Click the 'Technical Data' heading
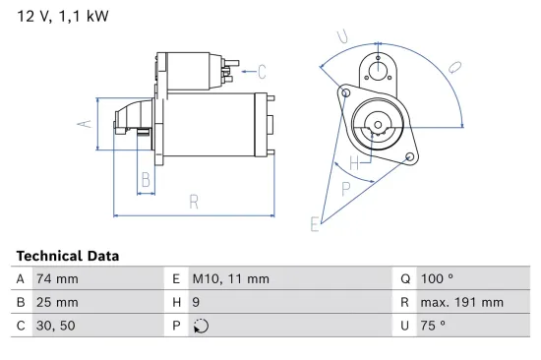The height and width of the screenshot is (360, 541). tap(68, 256)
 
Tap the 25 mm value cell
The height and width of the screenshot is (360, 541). tap(58, 302)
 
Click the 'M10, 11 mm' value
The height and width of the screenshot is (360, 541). tap(230, 278)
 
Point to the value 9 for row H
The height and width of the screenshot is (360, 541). tap(196, 302)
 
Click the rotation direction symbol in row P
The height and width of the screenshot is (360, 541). tap(201, 326)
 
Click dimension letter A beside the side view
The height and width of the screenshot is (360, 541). tap(86, 123)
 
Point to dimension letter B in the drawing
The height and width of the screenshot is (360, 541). tap(146, 179)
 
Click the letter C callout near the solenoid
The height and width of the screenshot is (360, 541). tap(262, 70)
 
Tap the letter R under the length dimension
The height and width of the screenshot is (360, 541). tap(194, 202)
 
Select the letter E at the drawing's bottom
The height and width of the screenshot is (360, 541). tap(315, 224)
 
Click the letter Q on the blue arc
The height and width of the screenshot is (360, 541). tap(453, 67)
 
